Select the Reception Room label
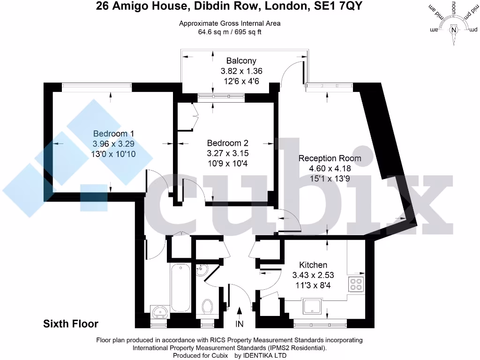pyautogui.click(x=330, y=158)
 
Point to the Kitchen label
pyautogui.click(x=313, y=265)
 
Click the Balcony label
pyautogui.click(x=241, y=60)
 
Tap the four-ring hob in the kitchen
pyautogui.click(x=356, y=284)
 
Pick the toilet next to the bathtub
pyautogui.click(x=207, y=306)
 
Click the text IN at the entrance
pyautogui.click(x=240, y=323)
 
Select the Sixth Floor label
pyautogui.click(x=71, y=323)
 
